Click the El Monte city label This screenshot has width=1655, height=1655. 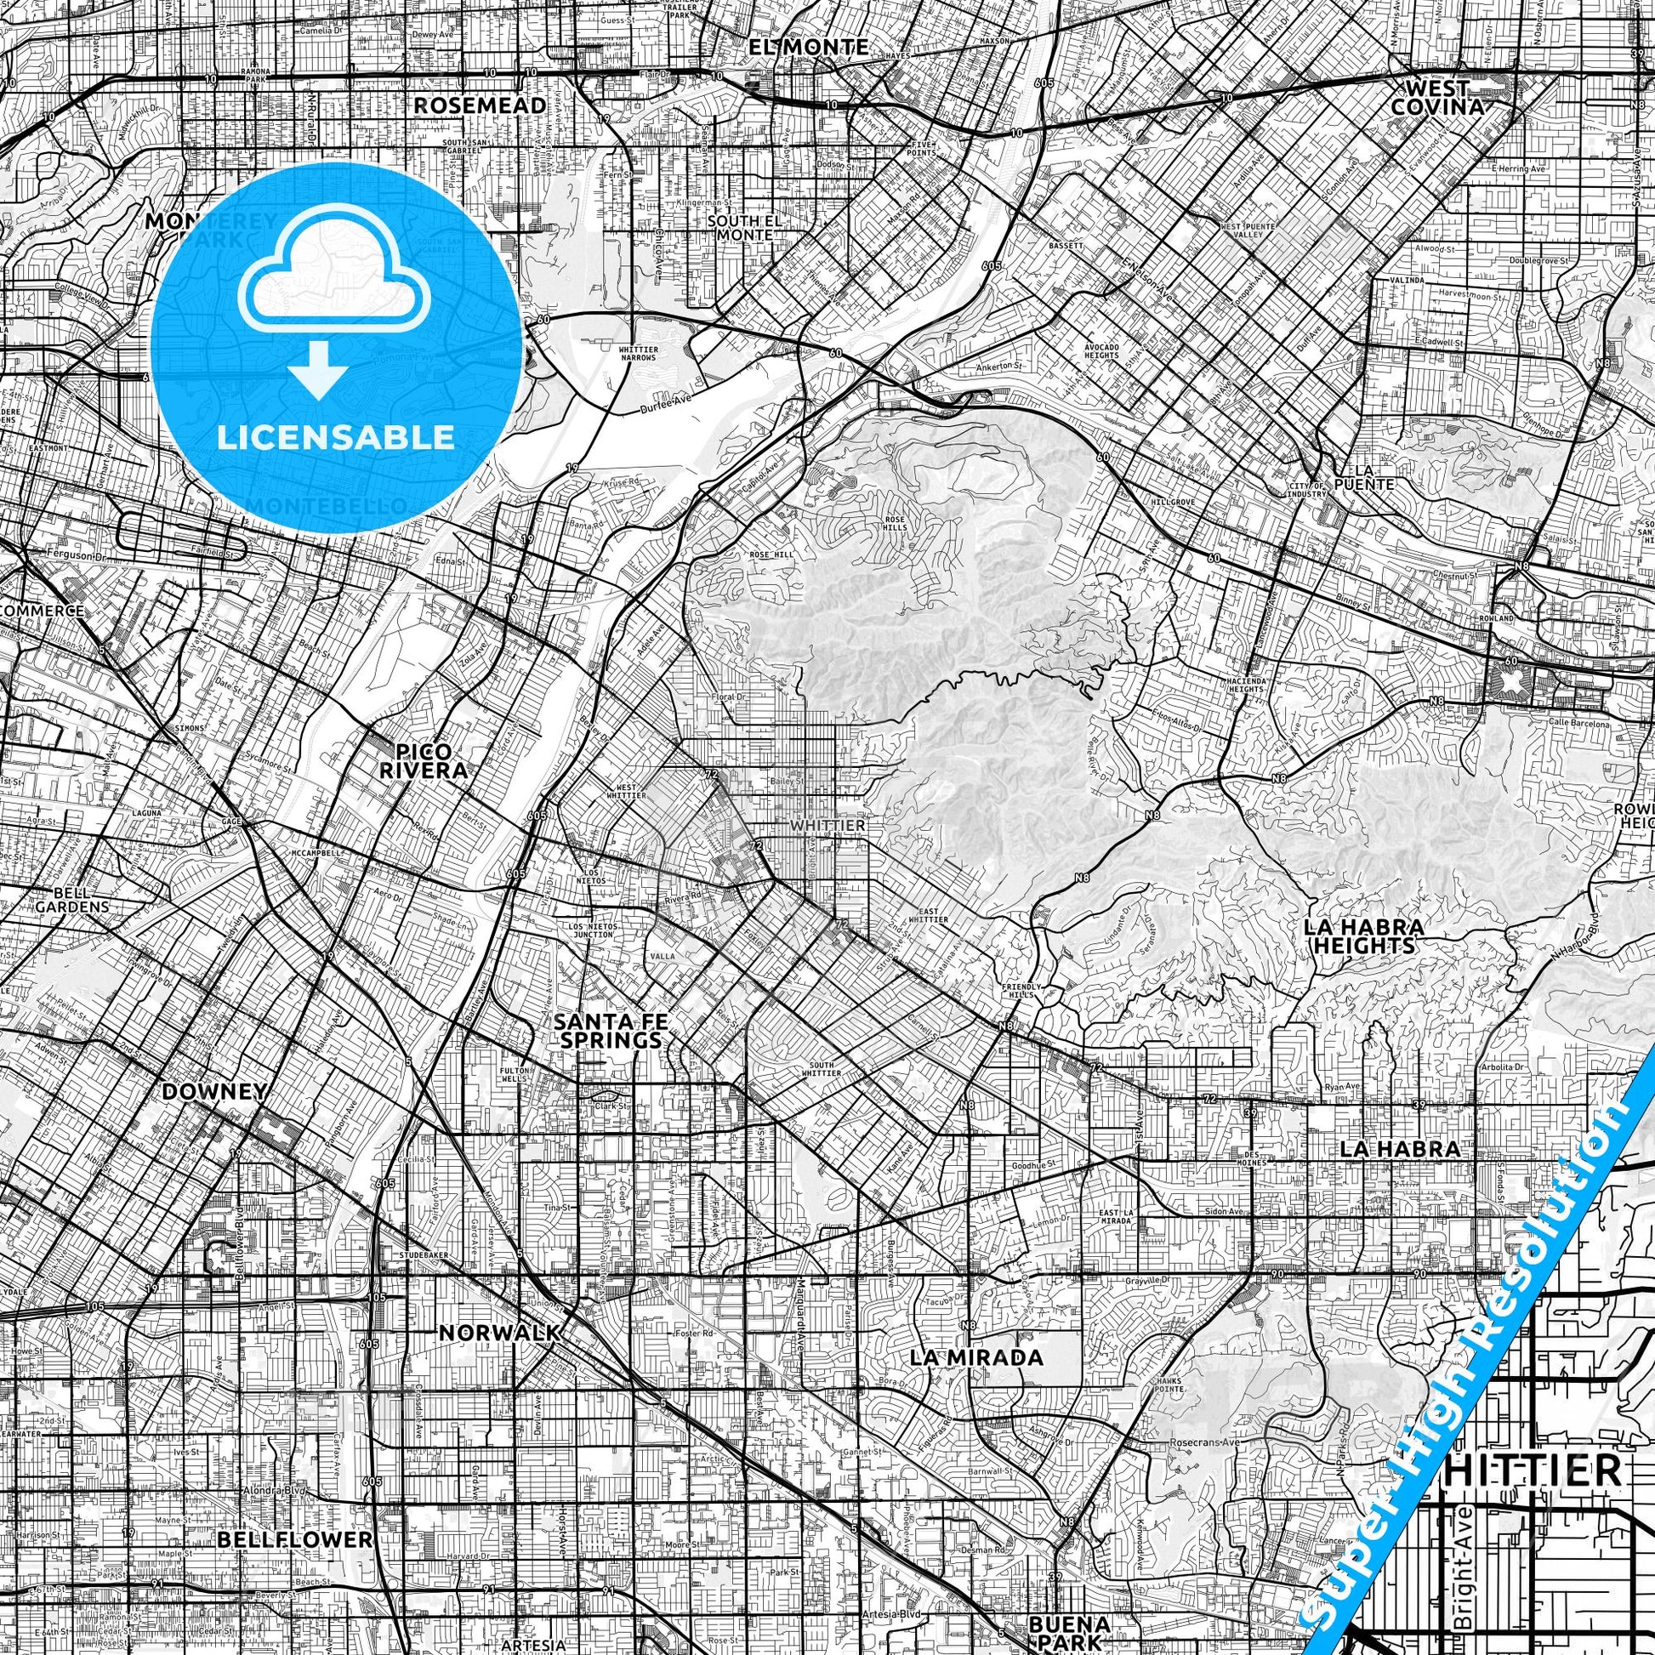click(x=808, y=47)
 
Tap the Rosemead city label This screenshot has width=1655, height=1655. click(x=480, y=105)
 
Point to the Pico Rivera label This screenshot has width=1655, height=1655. click(x=425, y=759)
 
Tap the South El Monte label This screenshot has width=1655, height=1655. click(x=744, y=227)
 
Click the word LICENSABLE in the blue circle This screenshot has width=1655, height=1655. click(x=335, y=437)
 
